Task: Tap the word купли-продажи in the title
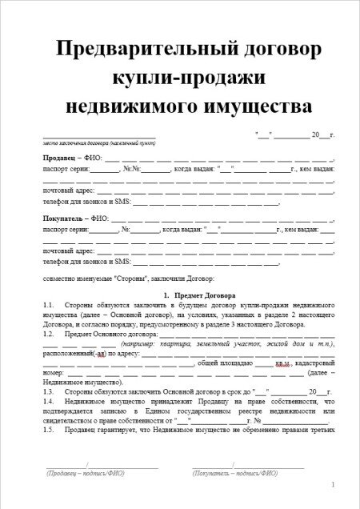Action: tap(180, 76)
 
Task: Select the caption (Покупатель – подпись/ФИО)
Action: tap(235, 474)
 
